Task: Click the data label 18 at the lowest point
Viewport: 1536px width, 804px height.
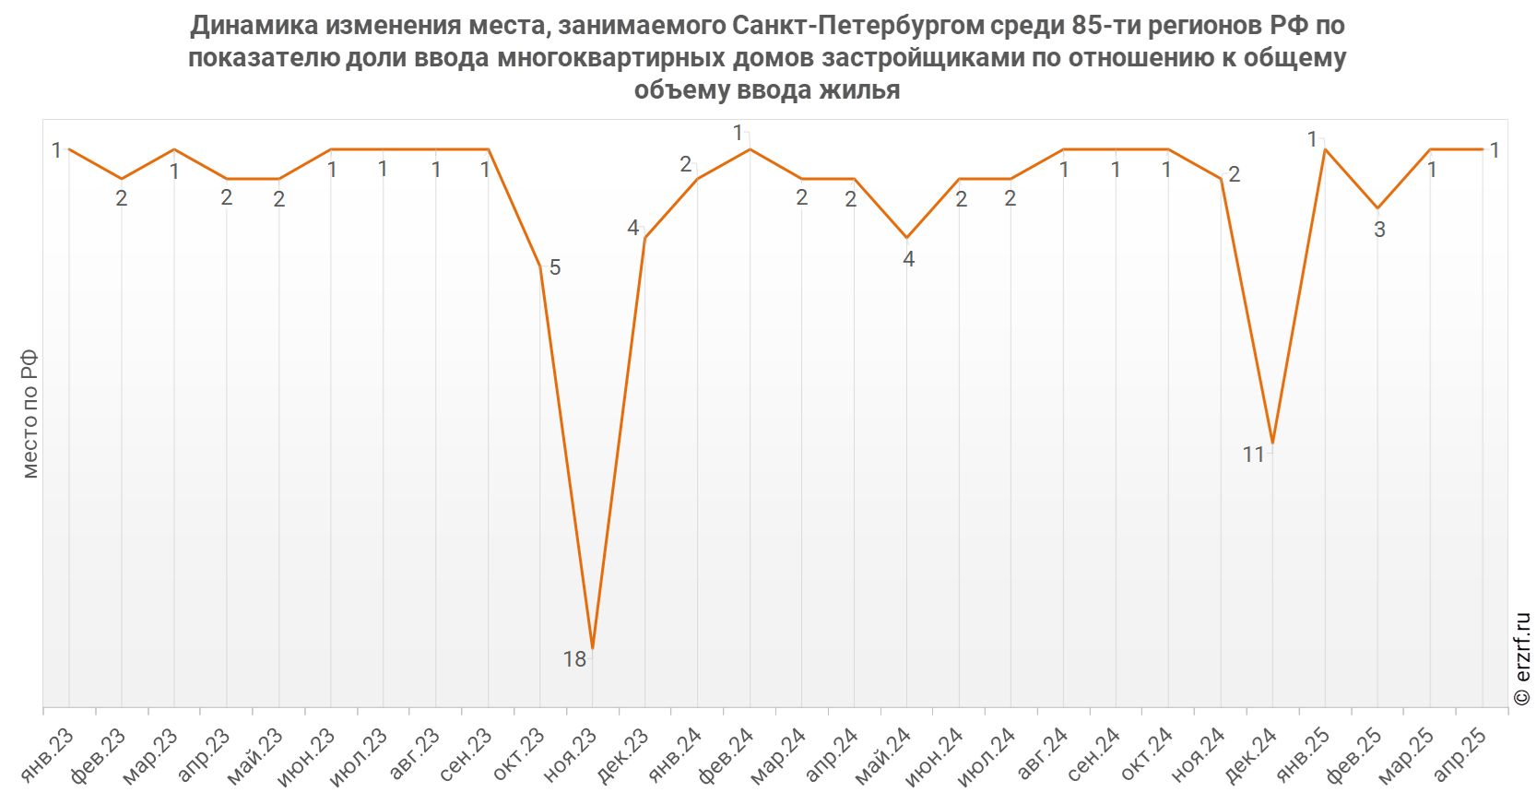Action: coord(574,659)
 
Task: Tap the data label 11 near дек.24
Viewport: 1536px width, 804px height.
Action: coord(1253,455)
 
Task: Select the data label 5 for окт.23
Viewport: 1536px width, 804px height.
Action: coord(555,267)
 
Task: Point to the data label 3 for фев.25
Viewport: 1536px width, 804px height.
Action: coord(1379,230)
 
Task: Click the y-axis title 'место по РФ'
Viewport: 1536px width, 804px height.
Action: coord(30,413)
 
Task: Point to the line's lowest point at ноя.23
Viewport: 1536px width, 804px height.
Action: coord(592,648)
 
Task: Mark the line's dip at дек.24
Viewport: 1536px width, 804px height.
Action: coord(1272,443)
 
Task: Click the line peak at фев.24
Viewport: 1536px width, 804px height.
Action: coord(750,149)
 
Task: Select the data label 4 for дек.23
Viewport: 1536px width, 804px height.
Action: coord(632,228)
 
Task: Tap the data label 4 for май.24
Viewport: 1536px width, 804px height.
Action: coord(908,259)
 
